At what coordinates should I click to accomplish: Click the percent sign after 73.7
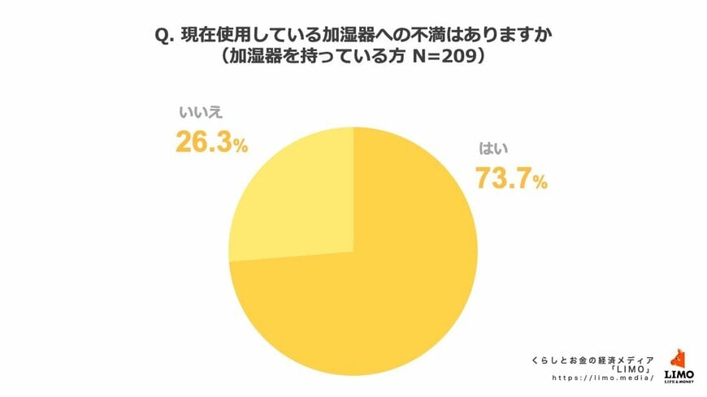[x=540, y=183]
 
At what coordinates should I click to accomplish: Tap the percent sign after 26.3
[x=240, y=146]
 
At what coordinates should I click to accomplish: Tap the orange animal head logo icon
[x=679, y=358]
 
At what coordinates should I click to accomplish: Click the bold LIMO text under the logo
[x=679, y=373]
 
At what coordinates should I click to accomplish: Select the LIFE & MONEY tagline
[x=679, y=382]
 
